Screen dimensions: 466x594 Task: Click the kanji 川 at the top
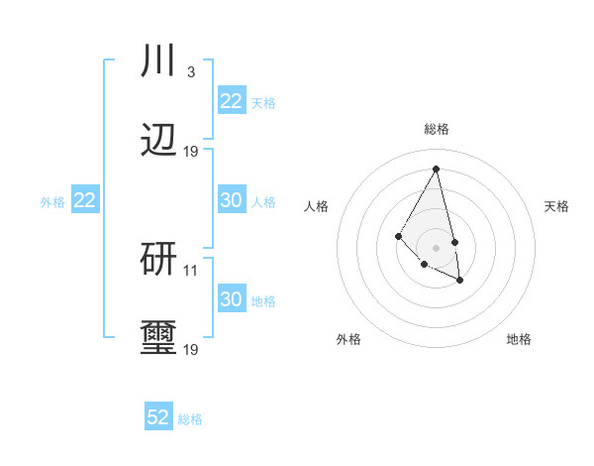(x=158, y=60)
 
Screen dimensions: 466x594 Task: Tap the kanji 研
(x=158, y=259)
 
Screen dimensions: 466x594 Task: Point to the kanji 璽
(x=158, y=338)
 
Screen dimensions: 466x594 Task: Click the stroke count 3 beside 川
(x=190, y=71)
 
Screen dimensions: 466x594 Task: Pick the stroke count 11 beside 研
(x=191, y=270)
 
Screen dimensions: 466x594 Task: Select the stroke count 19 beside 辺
(x=191, y=151)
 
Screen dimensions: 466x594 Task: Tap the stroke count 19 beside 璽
(x=191, y=349)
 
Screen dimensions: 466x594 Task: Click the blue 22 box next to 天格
(x=232, y=101)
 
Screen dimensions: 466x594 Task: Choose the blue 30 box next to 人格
(x=232, y=200)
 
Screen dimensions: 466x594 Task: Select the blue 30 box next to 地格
(x=232, y=299)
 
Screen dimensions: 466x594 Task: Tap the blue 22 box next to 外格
(x=85, y=200)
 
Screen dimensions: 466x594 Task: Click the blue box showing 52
(x=158, y=417)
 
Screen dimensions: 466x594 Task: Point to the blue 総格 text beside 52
(x=190, y=419)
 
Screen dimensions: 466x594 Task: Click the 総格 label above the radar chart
(x=437, y=129)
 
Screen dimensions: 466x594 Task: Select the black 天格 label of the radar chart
(x=557, y=206)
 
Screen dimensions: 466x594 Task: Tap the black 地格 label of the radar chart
(x=519, y=339)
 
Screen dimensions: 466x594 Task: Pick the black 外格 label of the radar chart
(x=348, y=339)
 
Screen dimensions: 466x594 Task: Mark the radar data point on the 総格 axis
(x=436, y=169)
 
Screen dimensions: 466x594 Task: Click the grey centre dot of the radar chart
(x=436, y=247)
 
